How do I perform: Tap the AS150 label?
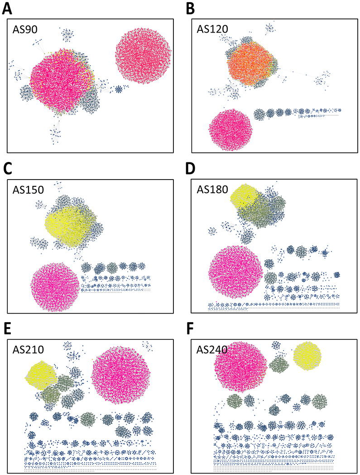29,190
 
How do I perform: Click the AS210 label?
29,350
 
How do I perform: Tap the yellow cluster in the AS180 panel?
244,197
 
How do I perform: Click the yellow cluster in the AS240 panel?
307,356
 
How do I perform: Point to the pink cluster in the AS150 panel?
55,286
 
